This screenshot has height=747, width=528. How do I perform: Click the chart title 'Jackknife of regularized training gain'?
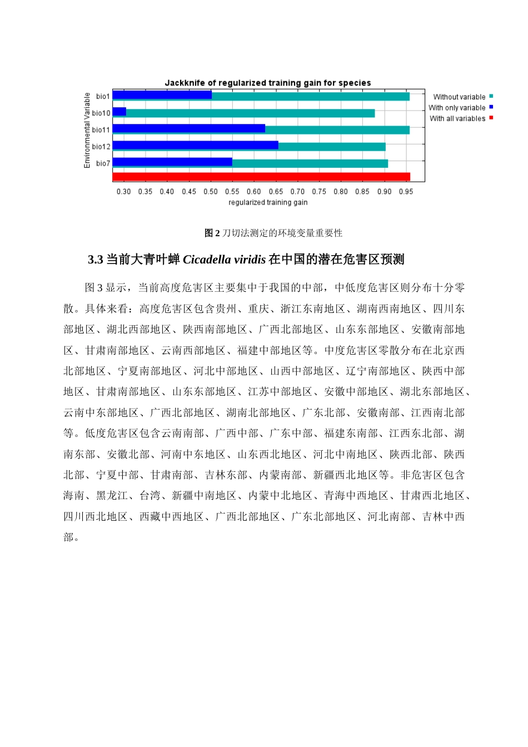coord(267,83)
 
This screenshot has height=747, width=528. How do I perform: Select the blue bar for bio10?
coord(119,112)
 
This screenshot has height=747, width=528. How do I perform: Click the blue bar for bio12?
coord(195,146)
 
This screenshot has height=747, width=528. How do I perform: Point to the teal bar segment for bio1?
coord(310,96)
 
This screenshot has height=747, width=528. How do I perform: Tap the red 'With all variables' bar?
coord(261,177)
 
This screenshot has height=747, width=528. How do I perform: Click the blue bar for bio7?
coord(172,162)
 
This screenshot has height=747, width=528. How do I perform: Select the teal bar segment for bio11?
coord(337,130)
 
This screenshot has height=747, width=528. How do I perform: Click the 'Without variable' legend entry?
coord(460,97)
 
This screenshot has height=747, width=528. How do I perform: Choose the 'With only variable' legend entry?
coord(457,108)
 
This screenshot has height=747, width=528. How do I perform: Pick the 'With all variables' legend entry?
coord(458,118)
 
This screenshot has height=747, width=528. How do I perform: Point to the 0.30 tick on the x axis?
coord(123,192)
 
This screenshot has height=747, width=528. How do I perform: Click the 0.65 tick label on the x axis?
coord(276,192)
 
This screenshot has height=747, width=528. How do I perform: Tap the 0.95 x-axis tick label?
coord(406,192)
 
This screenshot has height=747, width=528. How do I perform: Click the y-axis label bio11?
coord(101,130)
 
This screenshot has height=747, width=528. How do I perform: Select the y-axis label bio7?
coord(103,163)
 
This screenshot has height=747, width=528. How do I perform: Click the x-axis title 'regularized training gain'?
coord(268,202)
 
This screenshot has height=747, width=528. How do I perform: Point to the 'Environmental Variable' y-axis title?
coord(87,130)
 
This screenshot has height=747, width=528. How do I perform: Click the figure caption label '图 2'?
coord(212,233)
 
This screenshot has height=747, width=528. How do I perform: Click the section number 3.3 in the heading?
coord(96,260)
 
